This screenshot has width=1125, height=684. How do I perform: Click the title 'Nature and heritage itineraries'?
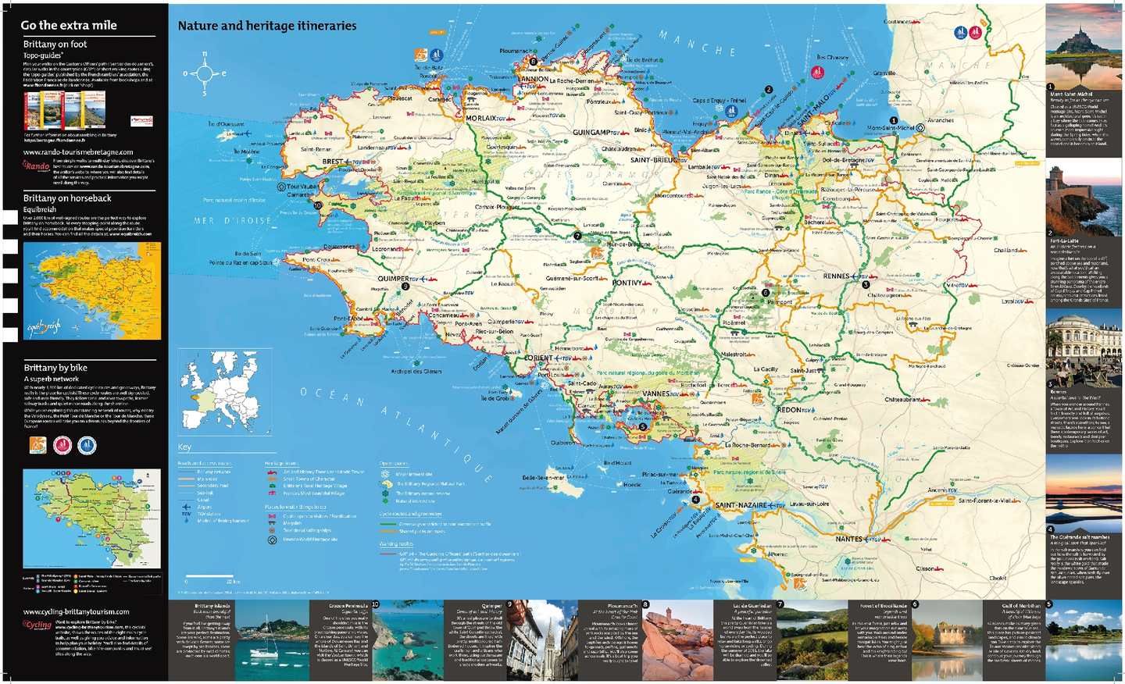266,26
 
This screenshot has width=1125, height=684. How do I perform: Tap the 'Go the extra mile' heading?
69,25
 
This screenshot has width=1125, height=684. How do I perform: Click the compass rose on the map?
204,74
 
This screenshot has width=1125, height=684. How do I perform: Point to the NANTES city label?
848,539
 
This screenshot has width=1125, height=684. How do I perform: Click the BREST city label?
333,162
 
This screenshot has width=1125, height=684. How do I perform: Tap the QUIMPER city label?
393,279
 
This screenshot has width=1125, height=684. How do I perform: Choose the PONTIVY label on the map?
627,283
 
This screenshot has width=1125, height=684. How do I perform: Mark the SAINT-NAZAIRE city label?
741,505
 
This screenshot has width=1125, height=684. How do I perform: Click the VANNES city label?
655,394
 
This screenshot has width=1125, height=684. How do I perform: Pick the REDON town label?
788,410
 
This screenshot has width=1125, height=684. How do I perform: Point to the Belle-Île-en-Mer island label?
543,478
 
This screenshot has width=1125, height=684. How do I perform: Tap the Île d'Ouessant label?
226,124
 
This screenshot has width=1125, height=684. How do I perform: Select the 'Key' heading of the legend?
184,447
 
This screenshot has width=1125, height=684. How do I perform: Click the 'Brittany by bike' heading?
55,368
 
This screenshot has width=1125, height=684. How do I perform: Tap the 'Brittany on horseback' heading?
67,198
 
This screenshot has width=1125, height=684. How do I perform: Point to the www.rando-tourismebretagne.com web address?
78,152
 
